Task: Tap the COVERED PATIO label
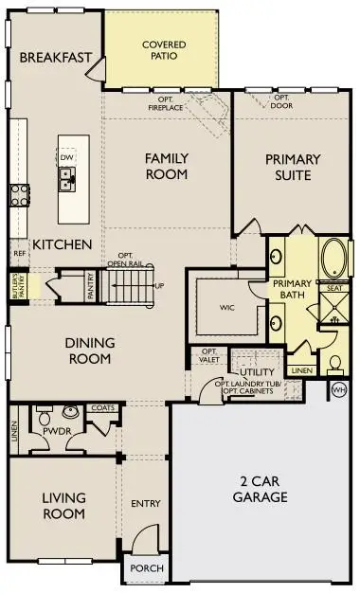(x=163, y=49)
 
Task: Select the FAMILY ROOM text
(x=166, y=166)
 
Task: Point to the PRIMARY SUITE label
(x=293, y=166)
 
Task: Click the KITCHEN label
(x=62, y=244)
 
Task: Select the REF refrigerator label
(x=18, y=253)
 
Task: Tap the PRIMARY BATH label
(x=292, y=291)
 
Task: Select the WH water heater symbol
(x=339, y=388)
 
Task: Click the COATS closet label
(x=103, y=408)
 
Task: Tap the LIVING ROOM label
(x=64, y=506)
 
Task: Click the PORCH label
(x=147, y=568)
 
